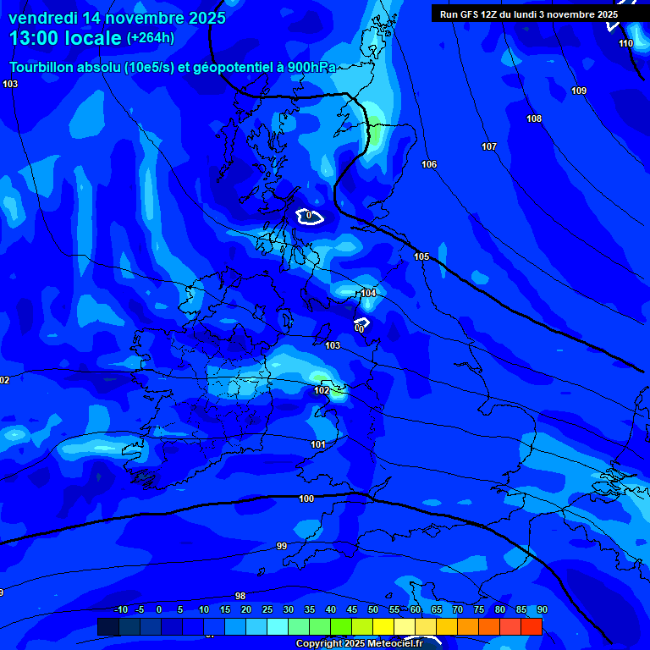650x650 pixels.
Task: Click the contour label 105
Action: (x=421, y=256)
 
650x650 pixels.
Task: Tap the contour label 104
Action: (x=368, y=293)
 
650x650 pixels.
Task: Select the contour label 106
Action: (x=429, y=164)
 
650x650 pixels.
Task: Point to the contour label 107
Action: (x=489, y=146)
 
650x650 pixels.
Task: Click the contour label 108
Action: (x=534, y=118)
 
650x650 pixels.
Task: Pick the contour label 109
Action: (x=579, y=91)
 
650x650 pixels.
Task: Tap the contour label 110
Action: (x=625, y=43)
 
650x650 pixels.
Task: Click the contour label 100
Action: (x=306, y=499)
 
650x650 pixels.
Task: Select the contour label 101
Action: (x=318, y=444)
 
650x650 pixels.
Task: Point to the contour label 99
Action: (x=282, y=546)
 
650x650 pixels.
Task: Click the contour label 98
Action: (x=240, y=596)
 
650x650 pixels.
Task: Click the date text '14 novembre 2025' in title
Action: (x=149, y=18)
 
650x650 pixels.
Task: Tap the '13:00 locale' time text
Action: (x=65, y=37)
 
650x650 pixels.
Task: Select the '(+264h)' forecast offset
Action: (x=151, y=37)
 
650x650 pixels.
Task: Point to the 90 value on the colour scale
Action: (x=542, y=609)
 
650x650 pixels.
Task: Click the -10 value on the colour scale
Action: (x=121, y=609)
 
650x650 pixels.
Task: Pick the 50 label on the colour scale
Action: (x=373, y=609)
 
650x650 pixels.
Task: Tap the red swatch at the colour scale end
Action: (x=532, y=626)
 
